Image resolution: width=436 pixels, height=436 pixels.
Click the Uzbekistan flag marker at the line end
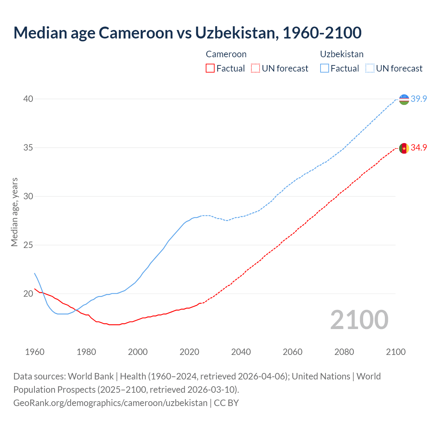click(404, 99)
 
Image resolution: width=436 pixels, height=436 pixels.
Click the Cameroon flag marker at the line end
click(404, 148)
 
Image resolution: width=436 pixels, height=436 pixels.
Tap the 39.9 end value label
click(419, 99)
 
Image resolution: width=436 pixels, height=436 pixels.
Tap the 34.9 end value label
click(419, 148)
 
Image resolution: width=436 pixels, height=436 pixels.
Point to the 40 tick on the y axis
click(28, 99)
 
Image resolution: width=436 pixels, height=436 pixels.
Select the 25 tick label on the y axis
click(28, 245)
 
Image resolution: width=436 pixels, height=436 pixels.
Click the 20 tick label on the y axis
click(28, 294)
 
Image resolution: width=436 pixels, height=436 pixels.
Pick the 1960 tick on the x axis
click(35, 352)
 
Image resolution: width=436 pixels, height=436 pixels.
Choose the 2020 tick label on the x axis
click(189, 352)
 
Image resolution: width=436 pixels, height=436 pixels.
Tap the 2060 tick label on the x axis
click(293, 352)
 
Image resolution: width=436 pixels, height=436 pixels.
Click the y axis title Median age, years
click(14, 212)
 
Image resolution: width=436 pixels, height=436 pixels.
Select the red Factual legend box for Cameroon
click(210, 68)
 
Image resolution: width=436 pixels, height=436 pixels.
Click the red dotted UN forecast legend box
click(255, 68)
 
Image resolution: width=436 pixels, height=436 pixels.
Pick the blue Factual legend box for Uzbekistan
click(325, 68)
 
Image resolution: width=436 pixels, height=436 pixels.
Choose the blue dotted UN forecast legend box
click(370, 68)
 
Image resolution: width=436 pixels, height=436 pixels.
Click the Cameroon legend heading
click(226, 54)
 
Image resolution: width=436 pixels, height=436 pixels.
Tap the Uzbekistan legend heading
click(342, 54)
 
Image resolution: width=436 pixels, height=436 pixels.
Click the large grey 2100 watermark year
click(359, 320)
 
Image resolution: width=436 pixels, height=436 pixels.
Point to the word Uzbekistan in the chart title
click(235, 33)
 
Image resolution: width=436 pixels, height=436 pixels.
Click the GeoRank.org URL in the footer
click(110, 403)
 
